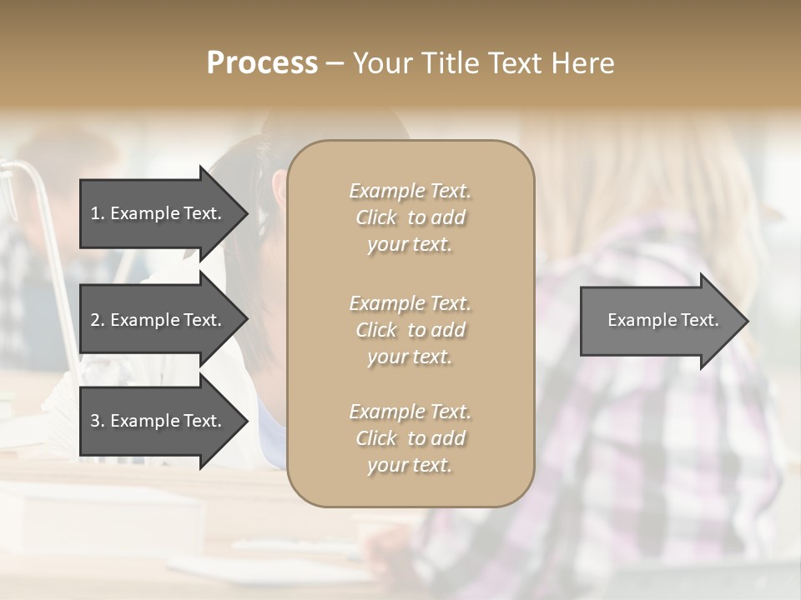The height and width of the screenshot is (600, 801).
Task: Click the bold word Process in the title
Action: [x=262, y=63]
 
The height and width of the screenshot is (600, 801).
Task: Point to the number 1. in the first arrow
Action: [x=98, y=213]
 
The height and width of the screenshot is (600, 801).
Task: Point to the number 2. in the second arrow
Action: [x=98, y=320]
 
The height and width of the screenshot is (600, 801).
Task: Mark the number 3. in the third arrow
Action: [x=98, y=421]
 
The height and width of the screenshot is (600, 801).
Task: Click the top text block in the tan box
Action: [x=410, y=217]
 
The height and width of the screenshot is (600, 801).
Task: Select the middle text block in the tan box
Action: [x=410, y=330]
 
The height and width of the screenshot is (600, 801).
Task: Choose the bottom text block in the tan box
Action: [x=410, y=438]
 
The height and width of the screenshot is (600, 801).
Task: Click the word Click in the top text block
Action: [x=376, y=217]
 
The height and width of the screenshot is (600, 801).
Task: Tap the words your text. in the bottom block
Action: [x=410, y=465]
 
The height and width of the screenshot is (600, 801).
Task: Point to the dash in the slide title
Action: [x=335, y=63]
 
